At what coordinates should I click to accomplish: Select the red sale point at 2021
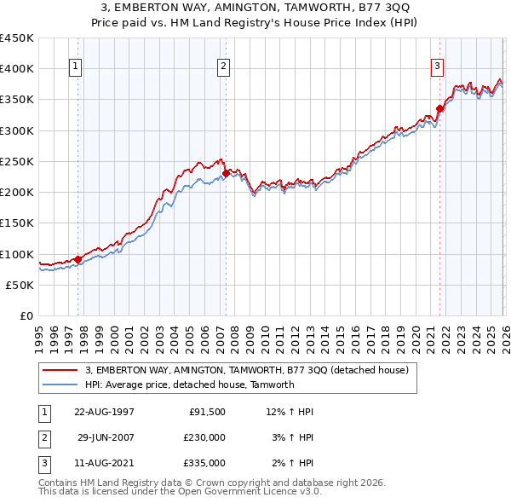click(x=440, y=108)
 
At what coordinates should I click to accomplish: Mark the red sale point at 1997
click(x=78, y=259)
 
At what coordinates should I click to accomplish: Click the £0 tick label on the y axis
click(x=26, y=315)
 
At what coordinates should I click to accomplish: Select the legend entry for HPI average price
click(x=189, y=384)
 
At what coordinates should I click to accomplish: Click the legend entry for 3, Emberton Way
click(x=247, y=370)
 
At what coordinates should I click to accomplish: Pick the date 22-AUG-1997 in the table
click(x=104, y=412)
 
